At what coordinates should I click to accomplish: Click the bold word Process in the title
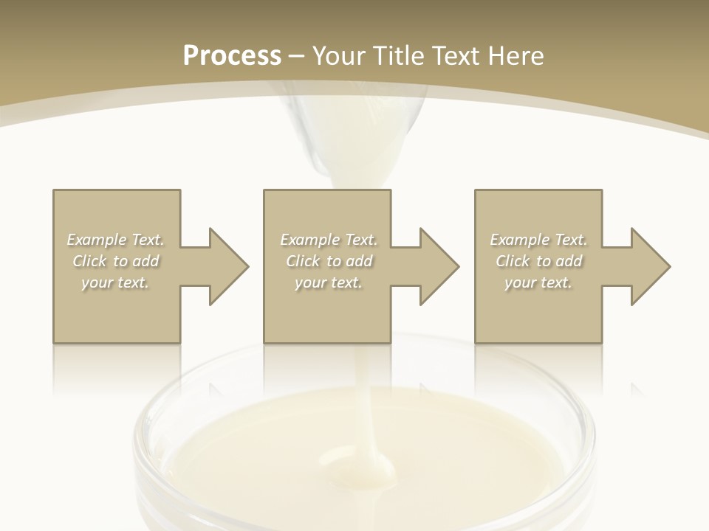232,56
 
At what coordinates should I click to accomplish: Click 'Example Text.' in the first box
116,240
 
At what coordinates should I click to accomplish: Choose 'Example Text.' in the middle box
329,240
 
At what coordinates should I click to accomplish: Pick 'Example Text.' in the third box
538,240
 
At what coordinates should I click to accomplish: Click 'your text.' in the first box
116,282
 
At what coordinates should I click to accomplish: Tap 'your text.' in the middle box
329,282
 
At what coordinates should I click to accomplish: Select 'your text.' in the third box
538,282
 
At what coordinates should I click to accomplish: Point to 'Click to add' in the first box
116,261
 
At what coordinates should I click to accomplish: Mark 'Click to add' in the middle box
329,261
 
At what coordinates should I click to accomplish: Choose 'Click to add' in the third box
538,261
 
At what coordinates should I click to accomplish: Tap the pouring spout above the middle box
347,159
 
